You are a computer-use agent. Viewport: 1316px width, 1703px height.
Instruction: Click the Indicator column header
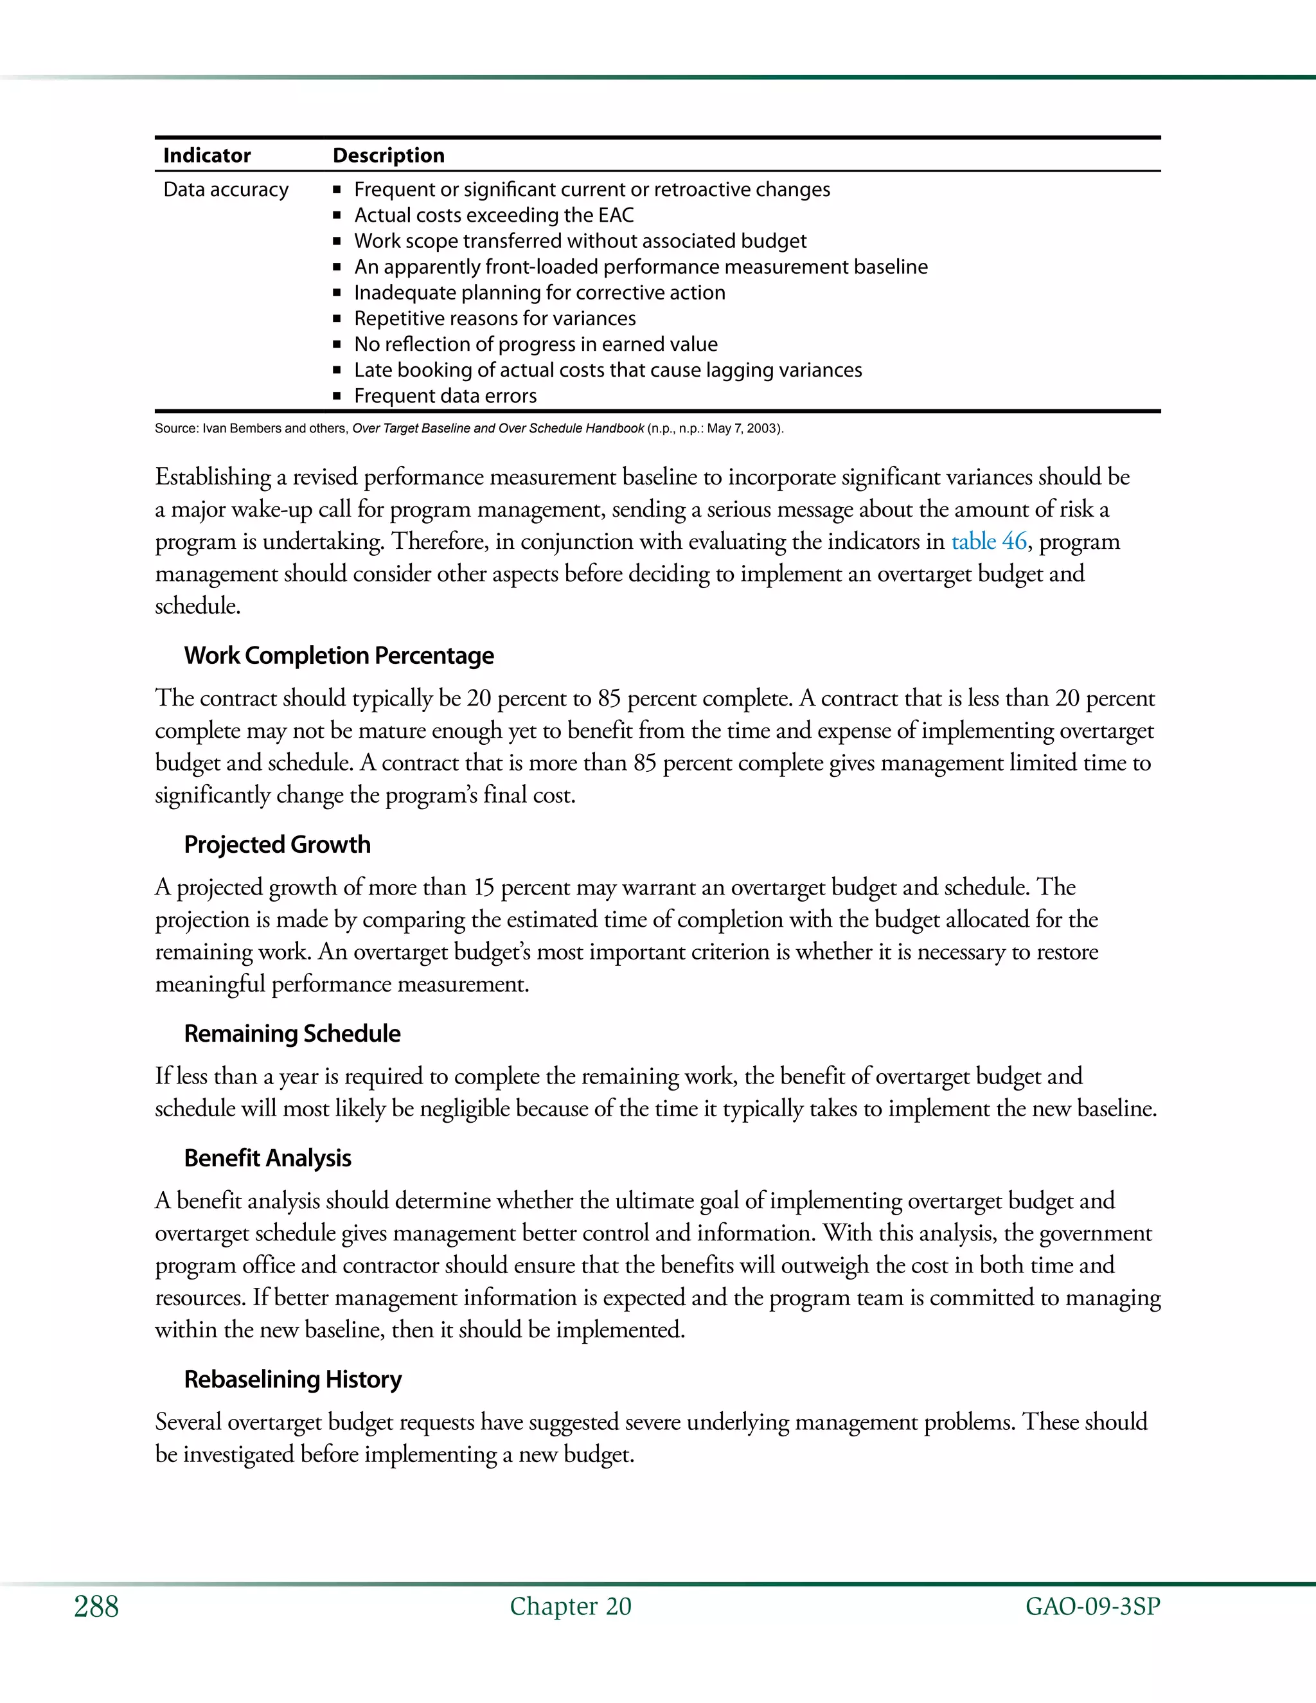click(207, 155)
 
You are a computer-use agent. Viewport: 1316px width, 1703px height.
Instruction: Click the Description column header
click(388, 155)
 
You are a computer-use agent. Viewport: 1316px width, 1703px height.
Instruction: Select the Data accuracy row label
click(226, 190)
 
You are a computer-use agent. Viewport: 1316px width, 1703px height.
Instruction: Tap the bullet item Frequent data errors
click(445, 396)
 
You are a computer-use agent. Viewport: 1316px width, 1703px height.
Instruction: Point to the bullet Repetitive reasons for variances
click(495, 318)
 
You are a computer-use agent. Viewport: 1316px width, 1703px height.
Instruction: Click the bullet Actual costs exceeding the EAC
click(493, 215)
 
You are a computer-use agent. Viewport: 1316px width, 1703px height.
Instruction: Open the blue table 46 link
click(988, 541)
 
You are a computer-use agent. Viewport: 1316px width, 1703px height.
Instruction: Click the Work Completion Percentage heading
click(339, 655)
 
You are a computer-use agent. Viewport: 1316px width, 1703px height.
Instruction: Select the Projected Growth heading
click(277, 844)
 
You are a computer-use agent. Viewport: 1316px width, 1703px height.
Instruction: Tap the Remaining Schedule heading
click(292, 1034)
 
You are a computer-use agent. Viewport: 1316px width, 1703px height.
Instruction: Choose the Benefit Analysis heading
click(267, 1159)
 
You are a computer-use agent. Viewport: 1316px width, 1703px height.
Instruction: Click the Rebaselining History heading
click(292, 1379)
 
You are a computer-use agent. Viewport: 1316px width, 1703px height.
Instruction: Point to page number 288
click(96, 1607)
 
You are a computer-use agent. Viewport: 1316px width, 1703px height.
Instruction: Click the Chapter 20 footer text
click(570, 1607)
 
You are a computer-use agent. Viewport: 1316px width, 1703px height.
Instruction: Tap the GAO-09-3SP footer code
click(1092, 1607)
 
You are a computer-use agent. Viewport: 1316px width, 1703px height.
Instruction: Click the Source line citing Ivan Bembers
click(468, 428)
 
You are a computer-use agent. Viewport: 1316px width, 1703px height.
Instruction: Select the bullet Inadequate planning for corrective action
click(540, 292)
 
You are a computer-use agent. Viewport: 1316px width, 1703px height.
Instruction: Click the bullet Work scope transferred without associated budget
click(580, 241)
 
